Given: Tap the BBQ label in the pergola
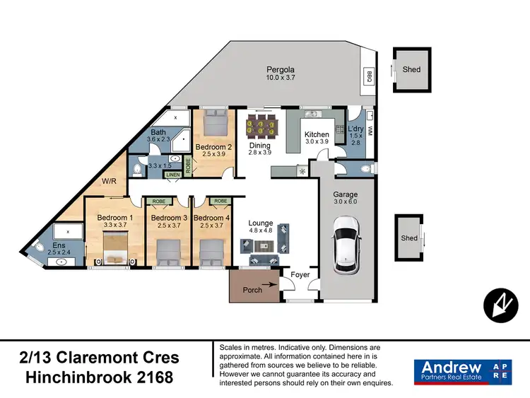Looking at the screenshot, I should (369, 76).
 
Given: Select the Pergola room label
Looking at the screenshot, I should (280, 69).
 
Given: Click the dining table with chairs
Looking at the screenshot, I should (259, 129).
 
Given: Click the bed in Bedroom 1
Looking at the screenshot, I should (114, 249).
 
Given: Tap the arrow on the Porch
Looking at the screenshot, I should (272, 289).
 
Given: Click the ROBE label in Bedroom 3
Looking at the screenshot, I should (159, 201).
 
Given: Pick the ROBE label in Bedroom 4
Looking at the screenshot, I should (220, 201).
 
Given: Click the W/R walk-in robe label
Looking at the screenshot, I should (109, 181).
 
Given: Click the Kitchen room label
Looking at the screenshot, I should (317, 134).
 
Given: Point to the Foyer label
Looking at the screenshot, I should (300, 274).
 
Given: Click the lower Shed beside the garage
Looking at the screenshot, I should (409, 238).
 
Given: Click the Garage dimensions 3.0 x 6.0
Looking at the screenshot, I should (346, 203).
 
